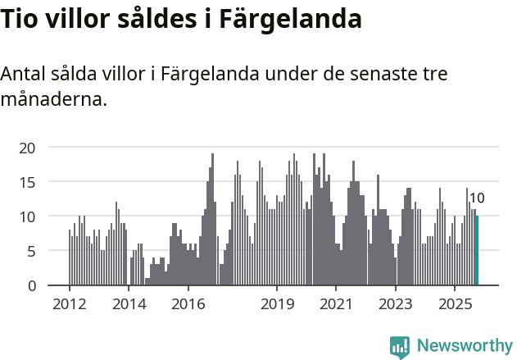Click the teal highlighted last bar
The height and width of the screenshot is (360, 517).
(x=477, y=250)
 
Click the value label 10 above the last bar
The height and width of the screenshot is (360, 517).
(x=477, y=198)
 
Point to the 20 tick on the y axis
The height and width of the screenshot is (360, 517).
(x=28, y=148)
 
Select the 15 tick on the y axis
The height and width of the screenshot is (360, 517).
(x=28, y=182)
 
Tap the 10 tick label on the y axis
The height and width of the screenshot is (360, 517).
(x=28, y=216)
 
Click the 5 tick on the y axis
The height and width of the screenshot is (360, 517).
(x=31, y=251)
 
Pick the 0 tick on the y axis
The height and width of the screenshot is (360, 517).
(x=31, y=285)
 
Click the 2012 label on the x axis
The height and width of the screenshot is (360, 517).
(x=69, y=304)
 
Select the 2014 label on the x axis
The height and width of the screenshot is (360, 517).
(x=129, y=304)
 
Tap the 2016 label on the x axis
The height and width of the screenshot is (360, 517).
(x=188, y=304)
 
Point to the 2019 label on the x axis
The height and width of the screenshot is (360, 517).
(x=277, y=304)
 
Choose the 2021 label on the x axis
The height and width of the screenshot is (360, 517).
(x=337, y=304)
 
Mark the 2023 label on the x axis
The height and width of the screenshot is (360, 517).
(x=397, y=304)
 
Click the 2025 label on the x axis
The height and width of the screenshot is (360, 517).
(x=456, y=304)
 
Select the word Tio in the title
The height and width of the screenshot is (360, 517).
(x=19, y=18)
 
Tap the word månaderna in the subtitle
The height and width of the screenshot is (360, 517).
(x=53, y=100)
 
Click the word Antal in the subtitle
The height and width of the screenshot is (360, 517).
(x=25, y=73)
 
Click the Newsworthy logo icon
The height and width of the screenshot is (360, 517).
(x=400, y=346)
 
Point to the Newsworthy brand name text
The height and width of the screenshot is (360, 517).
(x=464, y=346)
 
